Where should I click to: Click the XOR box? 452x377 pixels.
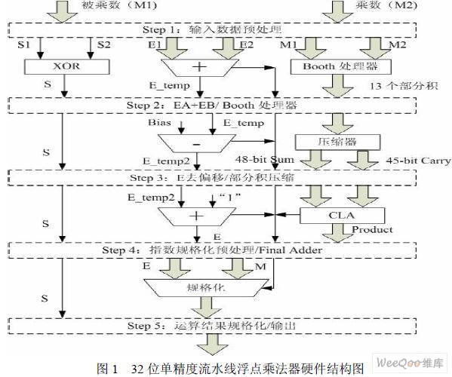tap(67, 67)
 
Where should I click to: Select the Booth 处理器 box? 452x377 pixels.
tap(341, 67)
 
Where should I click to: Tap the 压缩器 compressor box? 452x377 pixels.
tap(337, 142)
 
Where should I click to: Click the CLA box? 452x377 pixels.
tap(342, 216)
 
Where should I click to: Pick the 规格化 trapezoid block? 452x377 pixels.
tap(207, 288)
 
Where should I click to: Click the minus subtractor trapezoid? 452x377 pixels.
tap(197, 143)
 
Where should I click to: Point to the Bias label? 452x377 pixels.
tap(159, 122)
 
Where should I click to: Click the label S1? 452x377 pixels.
tap(23, 45)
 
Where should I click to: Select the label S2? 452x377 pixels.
tap(104, 45)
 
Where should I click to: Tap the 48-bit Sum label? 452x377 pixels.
tap(265, 160)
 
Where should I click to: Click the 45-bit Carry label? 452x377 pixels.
tap(418, 161)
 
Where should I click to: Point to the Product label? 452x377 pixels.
tap(372, 229)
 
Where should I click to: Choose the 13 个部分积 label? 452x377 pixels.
tap(404, 86)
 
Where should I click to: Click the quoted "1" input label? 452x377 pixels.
tap(229, 197)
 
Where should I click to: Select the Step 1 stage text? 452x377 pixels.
tap(212, 29)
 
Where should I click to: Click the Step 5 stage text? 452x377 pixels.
tap(212, 326)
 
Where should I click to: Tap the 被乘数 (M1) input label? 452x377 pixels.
tap(119, 5)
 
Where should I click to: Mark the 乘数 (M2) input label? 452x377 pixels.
tap(386, 5)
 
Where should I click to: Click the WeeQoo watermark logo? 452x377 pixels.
tap(410, 363)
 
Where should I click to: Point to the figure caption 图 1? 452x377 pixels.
tap(107, 369)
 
